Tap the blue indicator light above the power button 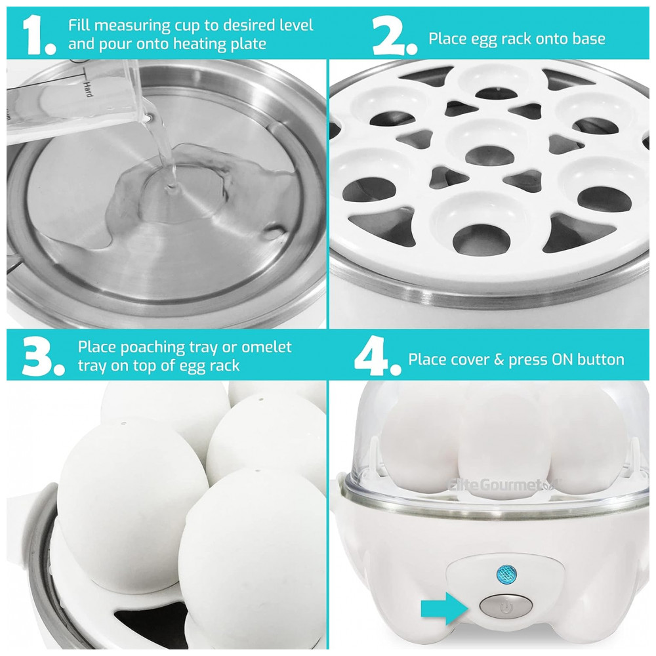tap(506, 574)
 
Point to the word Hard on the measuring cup tap(87, 89)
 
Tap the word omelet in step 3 tap(266, 347)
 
